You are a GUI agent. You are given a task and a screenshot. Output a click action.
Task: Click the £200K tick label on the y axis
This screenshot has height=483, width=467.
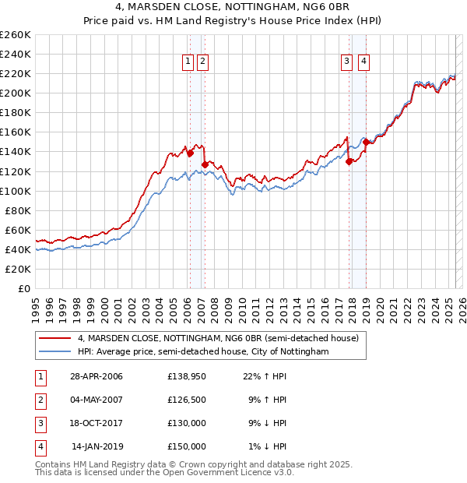pos(16,93)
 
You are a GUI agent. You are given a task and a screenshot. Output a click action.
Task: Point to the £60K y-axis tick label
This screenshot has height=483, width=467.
pos(18,230)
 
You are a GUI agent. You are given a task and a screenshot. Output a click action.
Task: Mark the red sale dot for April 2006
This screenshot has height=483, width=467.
pos(189,153)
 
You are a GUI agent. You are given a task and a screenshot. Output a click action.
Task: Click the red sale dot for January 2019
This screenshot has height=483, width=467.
pos(365,142)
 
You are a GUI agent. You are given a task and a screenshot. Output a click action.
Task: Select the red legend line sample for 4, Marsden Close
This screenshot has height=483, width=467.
pos(54,338)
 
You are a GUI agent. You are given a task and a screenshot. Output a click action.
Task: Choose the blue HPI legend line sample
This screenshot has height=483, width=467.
pos(54,352)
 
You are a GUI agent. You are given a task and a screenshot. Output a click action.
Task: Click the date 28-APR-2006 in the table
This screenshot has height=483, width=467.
pos(97,377)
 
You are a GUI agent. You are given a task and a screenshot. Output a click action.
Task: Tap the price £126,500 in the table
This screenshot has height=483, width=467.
pos(187,400)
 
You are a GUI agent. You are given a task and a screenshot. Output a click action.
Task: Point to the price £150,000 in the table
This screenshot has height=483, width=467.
pos(187,447)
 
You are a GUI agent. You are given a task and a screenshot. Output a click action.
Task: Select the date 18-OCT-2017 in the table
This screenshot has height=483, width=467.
pos(97,424)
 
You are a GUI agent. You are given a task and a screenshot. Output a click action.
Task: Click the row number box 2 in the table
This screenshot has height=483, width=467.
pos(39,400)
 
